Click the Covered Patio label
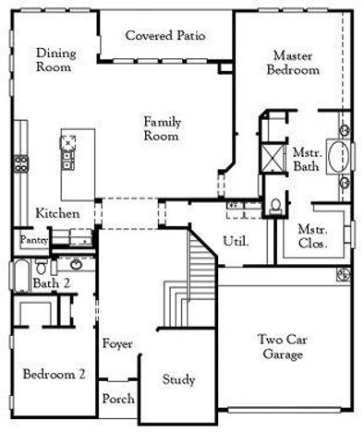click(165, 36)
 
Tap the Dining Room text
click(55, 60)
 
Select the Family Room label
click(161, 128)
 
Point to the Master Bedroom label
click(293, 62)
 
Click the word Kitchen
click(57, 213)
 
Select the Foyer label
click(117, 343)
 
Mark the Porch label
click(117, 399)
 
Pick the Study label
click(178, 379)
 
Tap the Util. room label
click(235, 241)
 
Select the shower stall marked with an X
click(273, 156)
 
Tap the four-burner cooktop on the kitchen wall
click(18, 166)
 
